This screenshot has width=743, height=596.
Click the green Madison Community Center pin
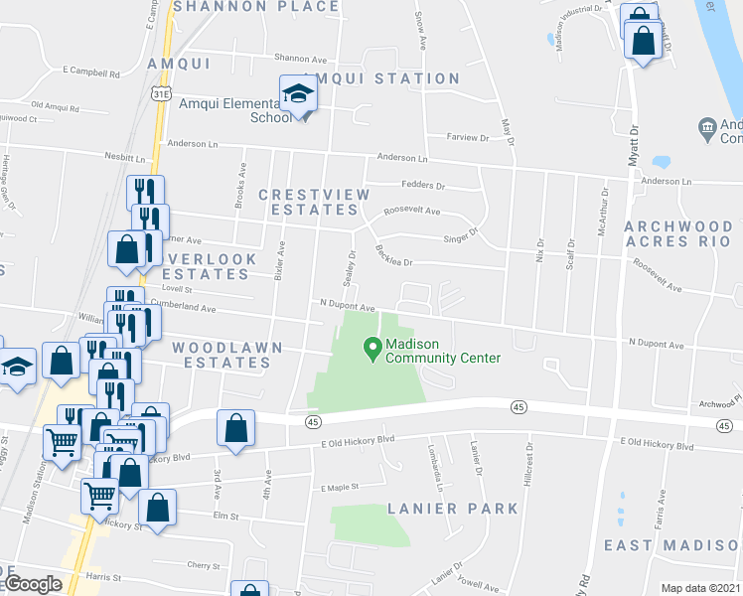(x=373, y=349)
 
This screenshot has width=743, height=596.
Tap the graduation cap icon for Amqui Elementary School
(x=297, y=94)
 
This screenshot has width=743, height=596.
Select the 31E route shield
(x=160, y=93)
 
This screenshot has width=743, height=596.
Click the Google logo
(x=32, y=585)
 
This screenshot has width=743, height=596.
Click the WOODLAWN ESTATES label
(x=222, y=355)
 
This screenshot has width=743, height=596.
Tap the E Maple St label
(x=338, y=488)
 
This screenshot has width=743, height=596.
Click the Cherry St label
(x=202, y=565)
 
